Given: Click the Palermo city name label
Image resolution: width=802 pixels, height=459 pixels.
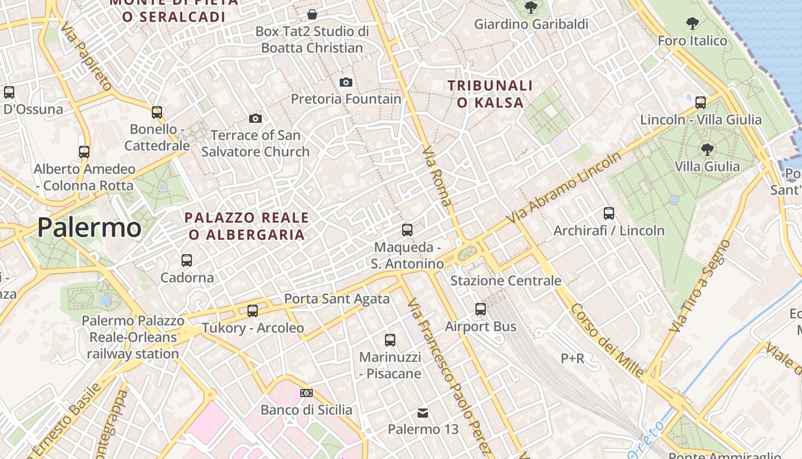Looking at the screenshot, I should click(89, 228).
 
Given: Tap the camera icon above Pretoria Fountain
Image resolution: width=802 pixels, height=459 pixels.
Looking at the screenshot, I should click(345, 82).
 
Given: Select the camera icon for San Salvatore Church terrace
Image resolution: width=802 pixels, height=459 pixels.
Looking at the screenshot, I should click(255, 118).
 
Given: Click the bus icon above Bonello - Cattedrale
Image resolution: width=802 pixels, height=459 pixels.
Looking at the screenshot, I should click(157, 112).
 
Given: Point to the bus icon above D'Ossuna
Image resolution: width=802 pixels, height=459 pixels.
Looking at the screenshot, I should click(9, 92).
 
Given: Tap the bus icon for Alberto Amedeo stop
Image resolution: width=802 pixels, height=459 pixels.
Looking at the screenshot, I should click(84, 151).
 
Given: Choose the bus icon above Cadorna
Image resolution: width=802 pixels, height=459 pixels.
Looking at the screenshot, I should click(187, 260).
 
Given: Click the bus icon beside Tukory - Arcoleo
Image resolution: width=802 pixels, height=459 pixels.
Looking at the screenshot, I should click(253, 310).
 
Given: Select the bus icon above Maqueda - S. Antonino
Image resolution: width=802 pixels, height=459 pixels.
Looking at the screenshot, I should click(407, 230).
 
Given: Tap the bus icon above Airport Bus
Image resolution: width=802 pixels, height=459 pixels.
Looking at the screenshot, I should click(481, 309).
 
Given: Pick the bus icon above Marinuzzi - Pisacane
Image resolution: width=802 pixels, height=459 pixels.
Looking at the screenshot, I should click(390, 340).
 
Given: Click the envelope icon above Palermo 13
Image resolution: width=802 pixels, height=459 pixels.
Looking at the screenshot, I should click(423, 413).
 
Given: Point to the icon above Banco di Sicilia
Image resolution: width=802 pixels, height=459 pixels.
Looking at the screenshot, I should click(306, 393).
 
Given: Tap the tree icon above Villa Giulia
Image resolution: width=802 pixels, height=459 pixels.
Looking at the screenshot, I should click(707, 150).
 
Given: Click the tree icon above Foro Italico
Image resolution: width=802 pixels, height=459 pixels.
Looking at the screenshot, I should click(693, 24).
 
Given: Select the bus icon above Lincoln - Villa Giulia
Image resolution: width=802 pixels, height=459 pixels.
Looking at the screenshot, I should click(701, 103).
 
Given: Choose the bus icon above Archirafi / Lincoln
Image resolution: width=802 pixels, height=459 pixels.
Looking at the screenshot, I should click(609, 213).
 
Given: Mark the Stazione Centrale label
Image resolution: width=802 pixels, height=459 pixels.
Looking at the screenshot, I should click(506, 281).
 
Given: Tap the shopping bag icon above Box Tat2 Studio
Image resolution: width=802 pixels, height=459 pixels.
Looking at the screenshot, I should click(312, 14).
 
